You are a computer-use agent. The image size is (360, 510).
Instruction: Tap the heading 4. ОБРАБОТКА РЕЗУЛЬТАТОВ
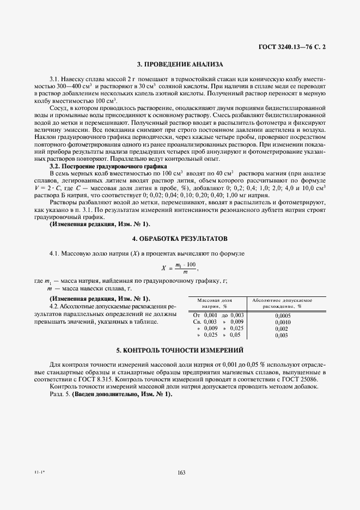coord(180,239)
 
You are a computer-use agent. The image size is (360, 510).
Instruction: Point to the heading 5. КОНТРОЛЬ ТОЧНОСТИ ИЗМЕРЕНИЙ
coord(180,350)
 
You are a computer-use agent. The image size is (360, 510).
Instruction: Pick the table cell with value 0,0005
coord(283,315)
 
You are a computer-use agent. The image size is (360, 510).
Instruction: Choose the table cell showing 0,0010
coord(283,322)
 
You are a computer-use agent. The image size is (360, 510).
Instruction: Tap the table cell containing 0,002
coord(282,329)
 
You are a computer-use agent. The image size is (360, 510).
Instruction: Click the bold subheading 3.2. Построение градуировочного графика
coord(108,166)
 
